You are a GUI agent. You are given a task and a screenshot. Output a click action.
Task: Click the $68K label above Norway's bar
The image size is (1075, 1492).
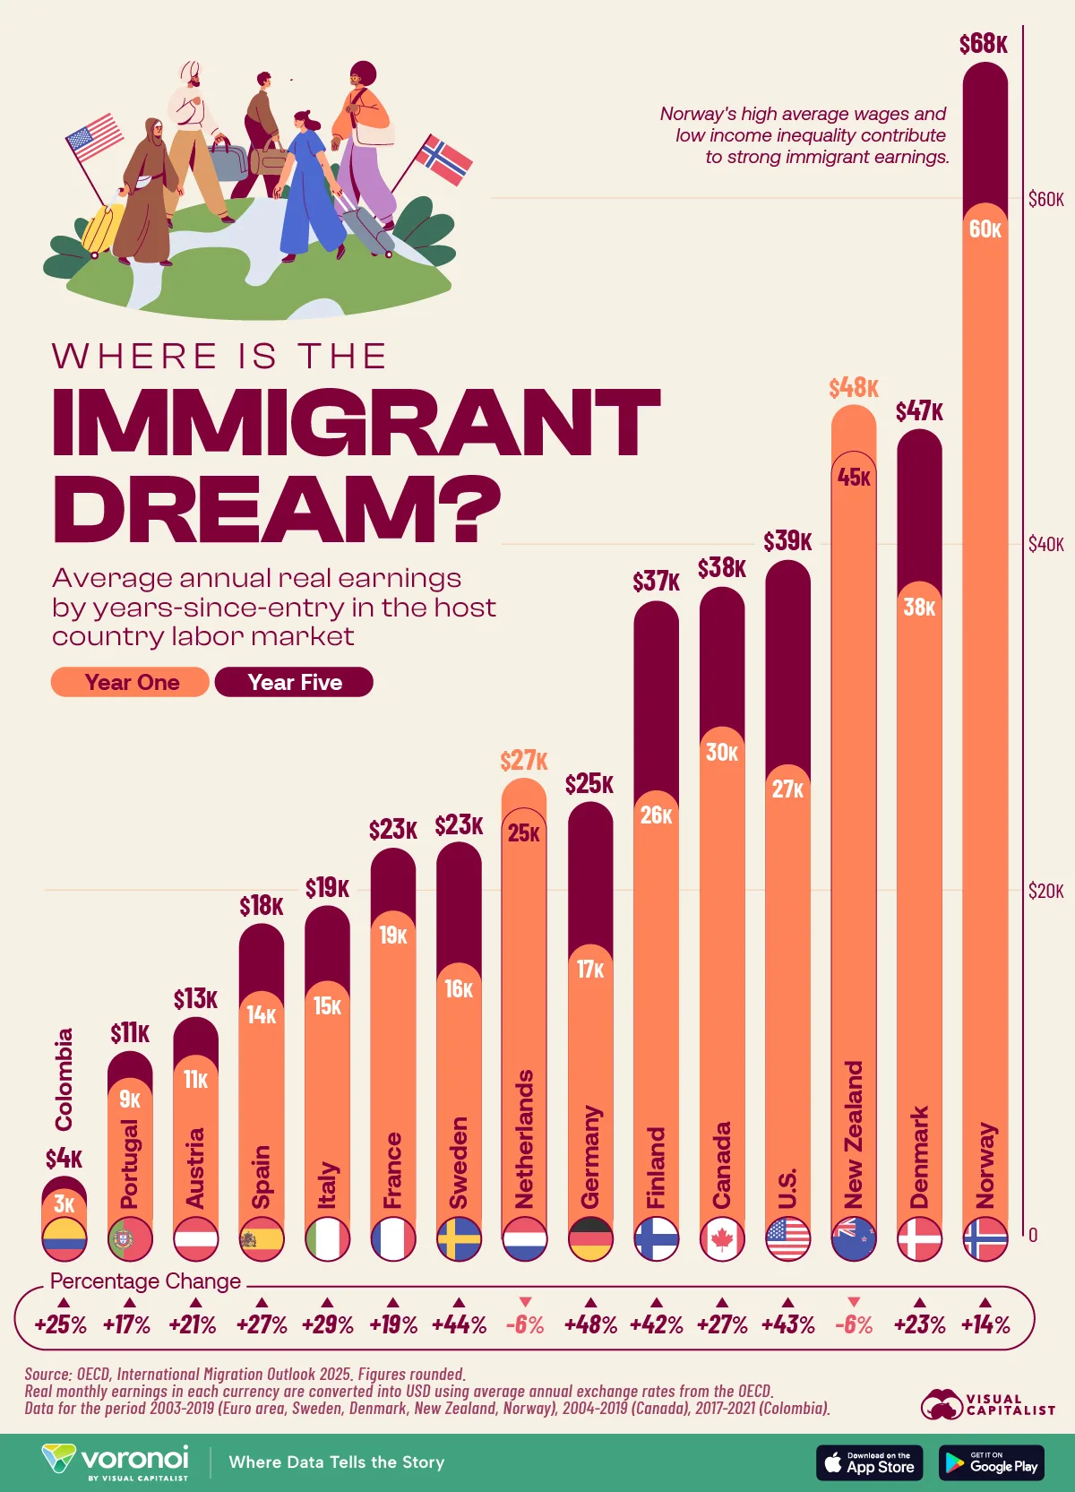(983, 44)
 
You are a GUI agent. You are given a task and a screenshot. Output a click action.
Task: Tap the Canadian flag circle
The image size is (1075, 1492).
(722, 1239)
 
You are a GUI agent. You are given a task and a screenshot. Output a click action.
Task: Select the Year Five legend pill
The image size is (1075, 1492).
(294, 682)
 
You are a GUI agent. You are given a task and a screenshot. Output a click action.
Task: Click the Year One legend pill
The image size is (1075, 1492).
(131, 682)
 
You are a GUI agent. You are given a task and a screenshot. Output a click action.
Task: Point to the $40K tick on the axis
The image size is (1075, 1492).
(1045, 544)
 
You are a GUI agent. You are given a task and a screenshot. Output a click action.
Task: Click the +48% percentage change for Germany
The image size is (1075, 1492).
(590, 1324)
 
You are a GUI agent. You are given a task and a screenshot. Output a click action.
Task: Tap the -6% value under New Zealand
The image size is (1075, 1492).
(853, 1324)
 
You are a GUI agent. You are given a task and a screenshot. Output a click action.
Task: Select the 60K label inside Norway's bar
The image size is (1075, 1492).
(985, 229)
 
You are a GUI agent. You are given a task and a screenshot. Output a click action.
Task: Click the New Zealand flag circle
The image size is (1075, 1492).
(853, 1239)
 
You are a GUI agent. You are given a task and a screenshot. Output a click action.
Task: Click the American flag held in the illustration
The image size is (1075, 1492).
(95, 137)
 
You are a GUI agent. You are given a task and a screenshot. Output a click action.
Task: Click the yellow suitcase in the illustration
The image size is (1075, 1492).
(102, 229)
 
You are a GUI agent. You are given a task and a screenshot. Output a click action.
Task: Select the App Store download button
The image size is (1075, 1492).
(869, 1462)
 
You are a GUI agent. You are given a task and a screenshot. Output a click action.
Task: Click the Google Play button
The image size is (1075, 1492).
(991, 1462)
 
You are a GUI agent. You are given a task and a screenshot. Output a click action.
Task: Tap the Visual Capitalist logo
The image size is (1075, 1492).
(987, 1404)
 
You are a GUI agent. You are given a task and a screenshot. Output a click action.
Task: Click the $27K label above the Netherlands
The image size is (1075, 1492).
(523, 761)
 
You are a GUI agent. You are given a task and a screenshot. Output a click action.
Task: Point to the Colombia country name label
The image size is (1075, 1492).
(64, 1079)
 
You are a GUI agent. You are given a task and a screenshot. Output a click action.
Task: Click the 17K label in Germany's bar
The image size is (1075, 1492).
(590, 970)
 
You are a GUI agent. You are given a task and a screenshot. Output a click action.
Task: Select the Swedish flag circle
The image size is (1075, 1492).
(459, 1239)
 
